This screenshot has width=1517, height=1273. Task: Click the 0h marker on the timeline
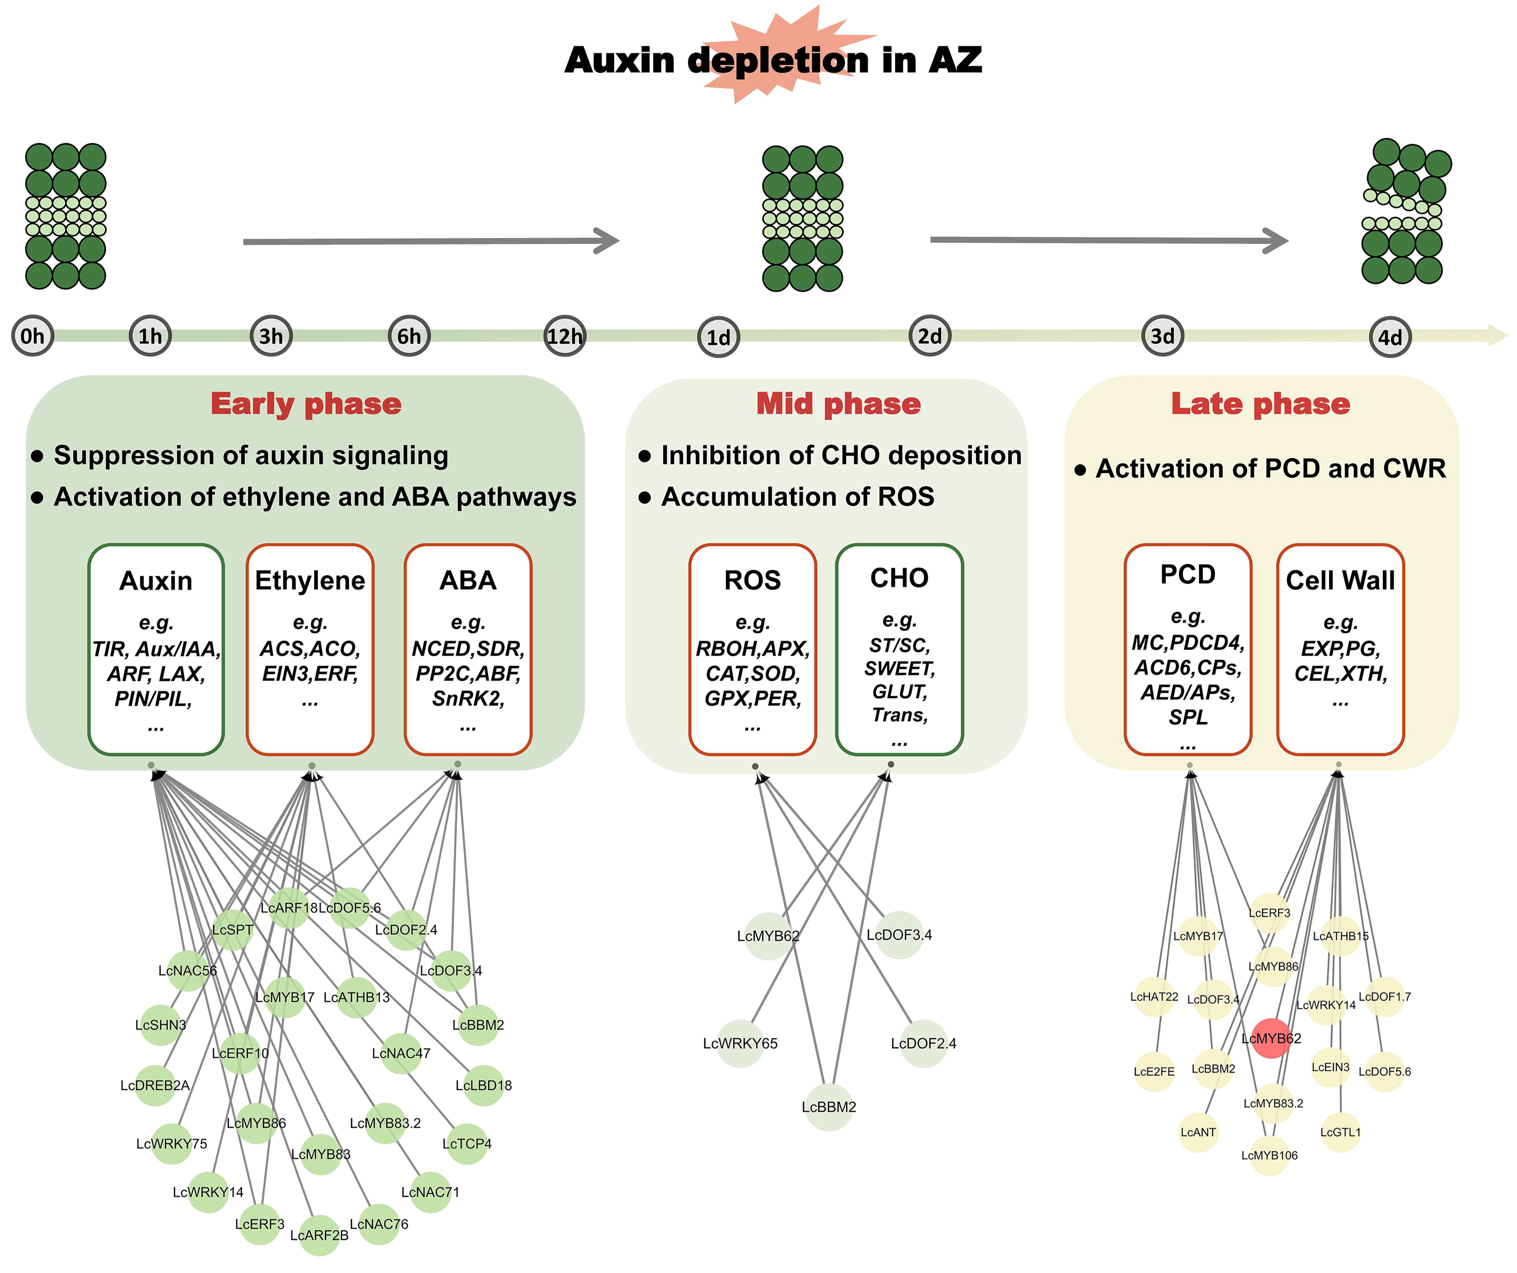(x=33, y=336)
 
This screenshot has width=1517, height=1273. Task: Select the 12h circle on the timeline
(x=564, y=336)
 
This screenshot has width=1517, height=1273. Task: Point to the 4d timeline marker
(x=1390, y=337)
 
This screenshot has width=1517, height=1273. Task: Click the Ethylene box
(x=310, y=649)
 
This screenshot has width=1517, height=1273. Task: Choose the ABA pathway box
(x=468, y=649)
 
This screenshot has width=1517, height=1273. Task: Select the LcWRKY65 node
(x=741, y=1043)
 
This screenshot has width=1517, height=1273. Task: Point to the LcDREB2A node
(x=155, y=1085)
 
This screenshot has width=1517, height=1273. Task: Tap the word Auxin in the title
(x=620, y=60)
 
